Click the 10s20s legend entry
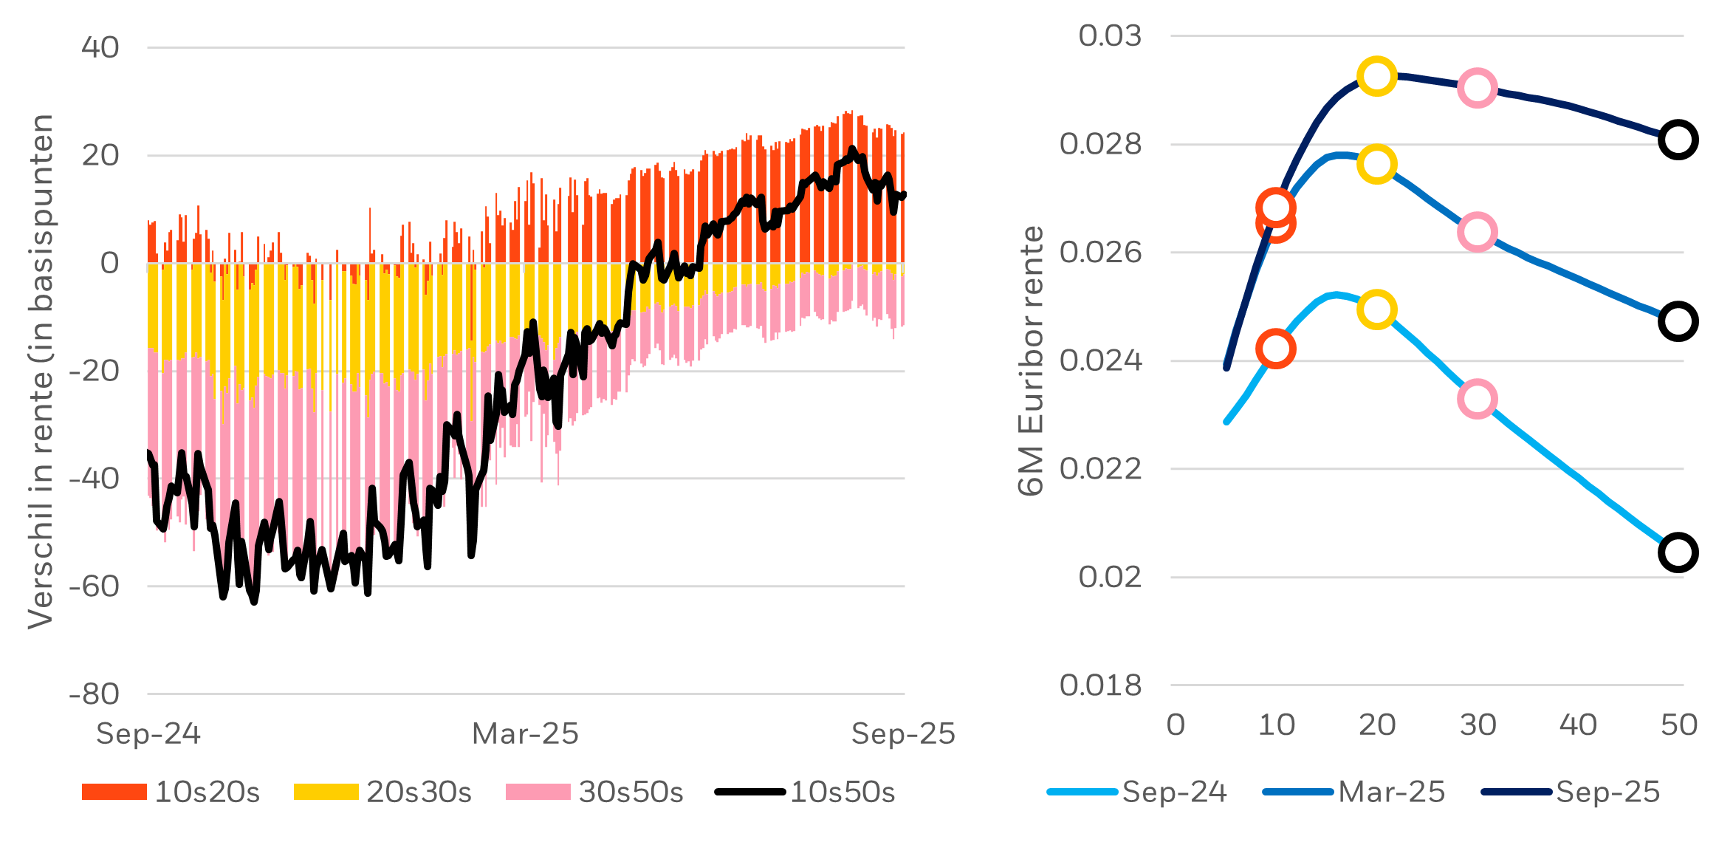click(x=171, y=792)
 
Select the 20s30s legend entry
click(x=382, y=792)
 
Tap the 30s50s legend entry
click(x=595, y=792)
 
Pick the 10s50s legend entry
click(x=806, y=792)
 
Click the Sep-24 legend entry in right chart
click(x=1137, y=792)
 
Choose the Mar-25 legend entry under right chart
click(x=1354, y=792)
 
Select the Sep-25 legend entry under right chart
click(x=1571, y=792)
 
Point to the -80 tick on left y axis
click(x=95, y=694)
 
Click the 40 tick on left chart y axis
click(x=100, y=47)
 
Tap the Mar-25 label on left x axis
click(x=525, y=733)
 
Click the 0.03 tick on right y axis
click(x=1110, y=35)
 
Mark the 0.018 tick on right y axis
click(x=1100, y=685)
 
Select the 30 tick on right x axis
click(x=1478, y=725)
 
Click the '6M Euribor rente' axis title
click(x=1031, y=360)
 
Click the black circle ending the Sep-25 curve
click(x=1678, y=140)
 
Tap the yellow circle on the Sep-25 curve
click(x=1376, y=76)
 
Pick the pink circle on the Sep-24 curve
click(x=1477, y=400)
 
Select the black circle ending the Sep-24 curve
click(x=1678, y=552)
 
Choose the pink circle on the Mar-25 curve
click(x=1477, y=232)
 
